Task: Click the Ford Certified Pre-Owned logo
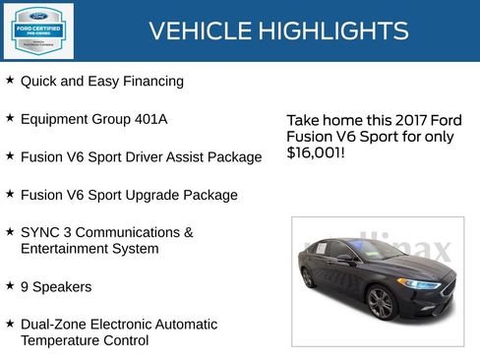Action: (x=37, y=30)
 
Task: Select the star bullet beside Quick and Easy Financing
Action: (x=10, y=80)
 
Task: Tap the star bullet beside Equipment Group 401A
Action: (x=10, y=117)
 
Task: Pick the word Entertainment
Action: (x=63, y=249)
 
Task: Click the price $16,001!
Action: (x=316, y=153)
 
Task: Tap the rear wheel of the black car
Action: (x=309, y=277)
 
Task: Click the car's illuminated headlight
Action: (x=420, y=284)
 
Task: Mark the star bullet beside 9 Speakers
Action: (x=10, y=285)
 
